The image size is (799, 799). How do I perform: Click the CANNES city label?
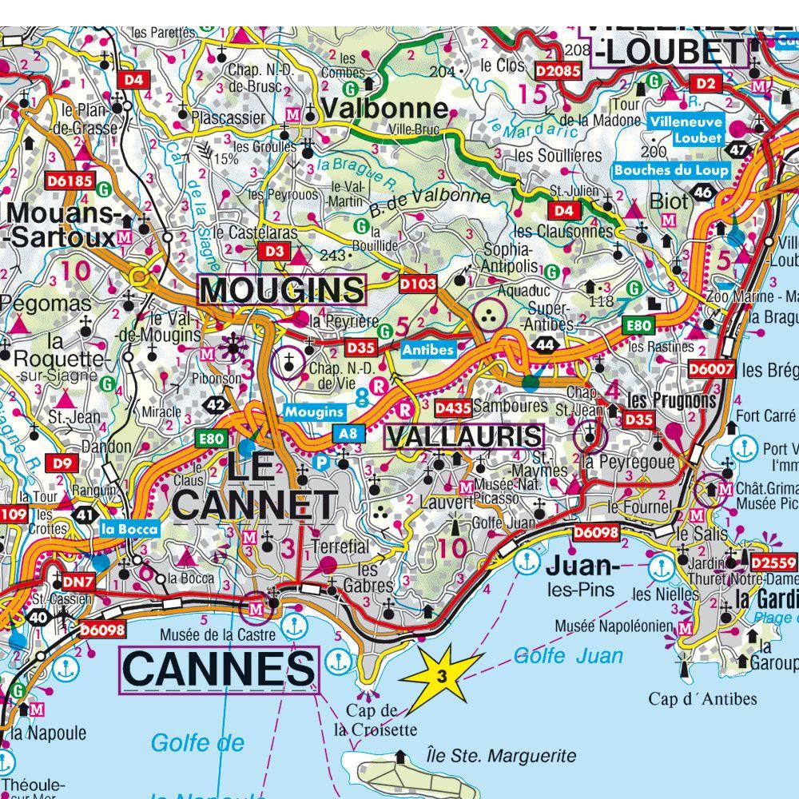[218, 670]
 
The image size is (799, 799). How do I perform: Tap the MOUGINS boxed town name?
[282, 290]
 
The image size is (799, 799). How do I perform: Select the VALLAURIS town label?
[464, 436]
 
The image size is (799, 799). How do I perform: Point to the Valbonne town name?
[384, 108]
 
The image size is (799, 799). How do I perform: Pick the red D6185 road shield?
[70, 181]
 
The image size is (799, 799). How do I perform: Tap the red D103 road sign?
[417, 283]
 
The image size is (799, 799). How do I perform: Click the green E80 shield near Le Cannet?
[212, 438]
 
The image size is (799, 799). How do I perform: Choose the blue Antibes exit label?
[428, 349]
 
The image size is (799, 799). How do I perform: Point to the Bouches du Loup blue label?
[672, 169]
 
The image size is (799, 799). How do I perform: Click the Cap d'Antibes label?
[702, 699]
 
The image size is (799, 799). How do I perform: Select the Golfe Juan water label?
[568, 656]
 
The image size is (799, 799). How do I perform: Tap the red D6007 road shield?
[712, 368]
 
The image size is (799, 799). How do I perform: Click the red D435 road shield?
[451, 407]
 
